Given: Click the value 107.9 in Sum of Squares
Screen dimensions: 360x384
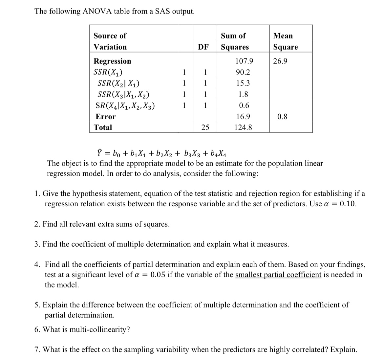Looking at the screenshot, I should click(244, 61).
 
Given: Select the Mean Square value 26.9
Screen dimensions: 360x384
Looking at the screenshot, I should click(280, 61).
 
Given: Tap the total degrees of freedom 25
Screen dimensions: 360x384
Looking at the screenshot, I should click(205, 127).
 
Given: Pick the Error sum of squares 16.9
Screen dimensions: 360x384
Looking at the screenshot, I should click(243, 117).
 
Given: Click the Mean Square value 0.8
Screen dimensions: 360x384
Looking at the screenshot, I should click(282, 117).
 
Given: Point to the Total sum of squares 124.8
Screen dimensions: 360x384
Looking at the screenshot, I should click(243, 127).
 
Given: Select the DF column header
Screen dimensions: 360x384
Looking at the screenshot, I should click(203, 47).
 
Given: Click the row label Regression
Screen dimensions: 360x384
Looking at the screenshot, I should click(112, 61).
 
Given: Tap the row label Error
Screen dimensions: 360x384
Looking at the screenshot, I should click(105, 117).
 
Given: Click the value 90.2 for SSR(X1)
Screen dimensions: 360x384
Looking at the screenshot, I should click(243, 72).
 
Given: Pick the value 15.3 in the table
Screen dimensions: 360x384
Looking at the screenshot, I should click(243, 83).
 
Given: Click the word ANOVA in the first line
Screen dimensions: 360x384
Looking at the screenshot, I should click(97, 11).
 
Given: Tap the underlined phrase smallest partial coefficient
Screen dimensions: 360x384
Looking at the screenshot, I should click(278, 275).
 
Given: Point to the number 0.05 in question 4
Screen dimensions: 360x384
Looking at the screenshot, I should click(158, 275).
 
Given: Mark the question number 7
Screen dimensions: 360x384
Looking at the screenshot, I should click(37, 349).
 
